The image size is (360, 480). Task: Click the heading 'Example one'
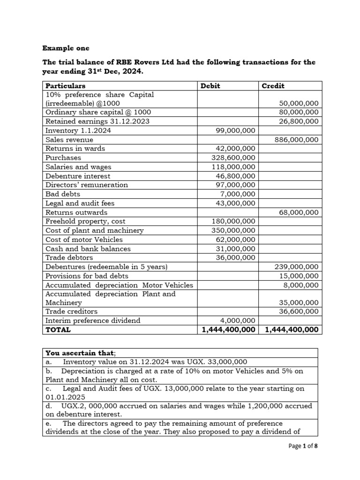coord(66,48)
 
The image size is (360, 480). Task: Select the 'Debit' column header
coord(210,86)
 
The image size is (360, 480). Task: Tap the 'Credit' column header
coord(273,86)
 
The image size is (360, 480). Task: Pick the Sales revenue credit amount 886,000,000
coord(297,140)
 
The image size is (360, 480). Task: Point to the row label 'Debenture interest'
coord(78,176)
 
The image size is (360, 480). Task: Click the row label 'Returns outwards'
coord(76,212)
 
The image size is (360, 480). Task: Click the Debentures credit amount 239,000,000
coord(297,267)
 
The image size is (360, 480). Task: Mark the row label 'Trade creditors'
coord(72,311)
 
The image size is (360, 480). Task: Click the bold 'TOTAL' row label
coord(58,330)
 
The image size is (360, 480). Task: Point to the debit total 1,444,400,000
coord(229,330)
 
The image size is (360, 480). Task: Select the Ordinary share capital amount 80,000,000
coord(299,112)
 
